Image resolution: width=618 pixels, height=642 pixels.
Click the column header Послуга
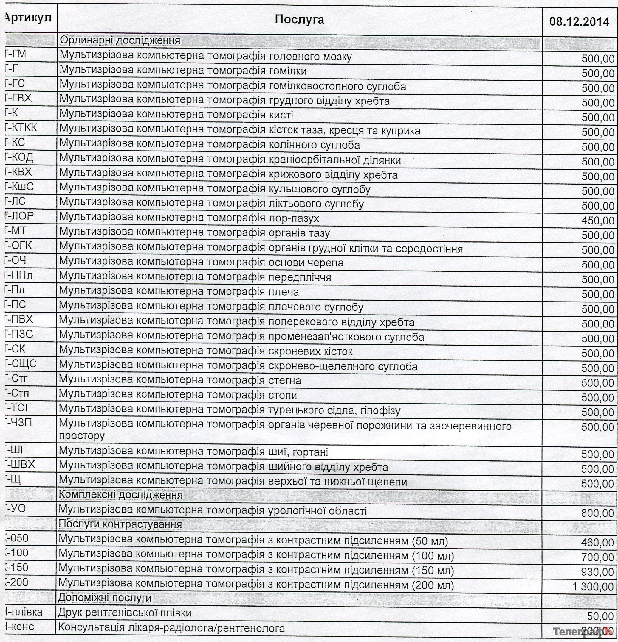click(x=299, y=20)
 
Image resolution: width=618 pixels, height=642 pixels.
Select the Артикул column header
click(x=29, y=18)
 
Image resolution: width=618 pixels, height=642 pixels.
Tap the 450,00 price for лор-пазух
click(x=597, y=221)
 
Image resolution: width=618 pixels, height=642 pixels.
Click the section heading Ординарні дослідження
click(x=120, y=40)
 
